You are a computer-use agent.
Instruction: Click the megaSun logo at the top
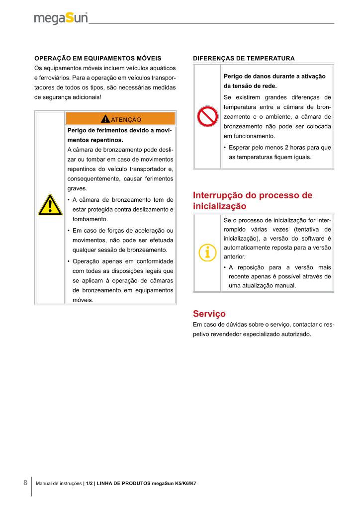(x=61, y=18)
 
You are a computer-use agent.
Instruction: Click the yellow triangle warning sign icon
(x=50, y=205)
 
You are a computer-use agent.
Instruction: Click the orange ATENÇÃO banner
(x=120, y=119)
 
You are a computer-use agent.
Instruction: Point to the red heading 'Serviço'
(x=209, y=314)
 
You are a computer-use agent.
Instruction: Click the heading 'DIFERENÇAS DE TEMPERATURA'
(x=244, y=58)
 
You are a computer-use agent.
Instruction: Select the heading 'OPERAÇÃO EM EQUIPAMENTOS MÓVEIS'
(x=97, y=58)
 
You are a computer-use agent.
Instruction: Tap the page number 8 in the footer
(x=25, y=483)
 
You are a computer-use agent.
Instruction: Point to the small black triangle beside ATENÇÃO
(x=105, y=119)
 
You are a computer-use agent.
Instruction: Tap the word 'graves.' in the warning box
(x=77, y=189)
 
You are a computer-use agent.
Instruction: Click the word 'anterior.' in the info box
(x=234, y=257)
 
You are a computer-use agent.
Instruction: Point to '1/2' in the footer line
(x=89, y=484)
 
